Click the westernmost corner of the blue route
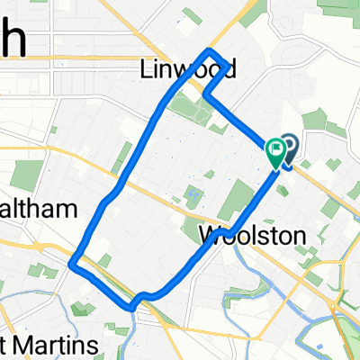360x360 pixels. pyautogui.click(x=71, y=265)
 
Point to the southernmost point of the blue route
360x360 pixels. pyautogui.click(x=132, y=309)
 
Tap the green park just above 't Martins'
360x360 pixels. pyautogui.click(x=83, y=309)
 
